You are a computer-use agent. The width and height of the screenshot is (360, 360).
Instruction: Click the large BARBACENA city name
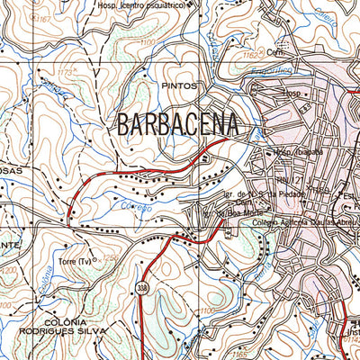click(177, 124)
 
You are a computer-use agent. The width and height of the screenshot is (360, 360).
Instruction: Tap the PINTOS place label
click(179, 85)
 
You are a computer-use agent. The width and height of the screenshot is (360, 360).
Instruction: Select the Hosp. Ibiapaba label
click(297, 152)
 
